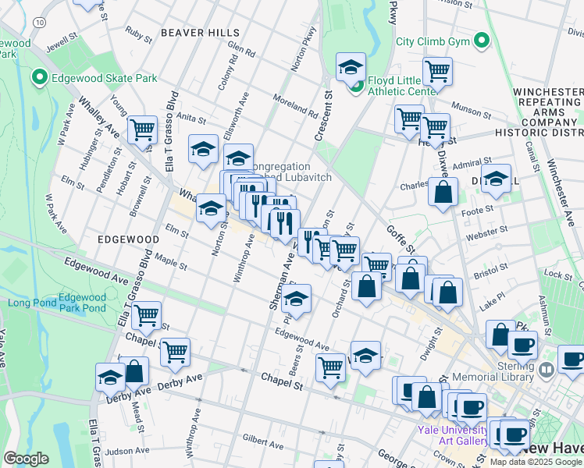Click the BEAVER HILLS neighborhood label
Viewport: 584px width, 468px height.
[x=193, y=33]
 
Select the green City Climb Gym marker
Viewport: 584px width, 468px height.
[x=482, y=41]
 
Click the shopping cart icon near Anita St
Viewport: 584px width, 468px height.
[x=142, y=129]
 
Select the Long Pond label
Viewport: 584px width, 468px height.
[x=30, y=303]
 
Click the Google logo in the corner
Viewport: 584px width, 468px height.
[x=26, y=459]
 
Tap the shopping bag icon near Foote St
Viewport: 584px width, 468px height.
[x=443, y=193]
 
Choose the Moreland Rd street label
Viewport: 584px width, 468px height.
[x=294, y=101]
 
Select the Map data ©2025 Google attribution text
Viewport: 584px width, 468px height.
[x=536, y=462]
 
